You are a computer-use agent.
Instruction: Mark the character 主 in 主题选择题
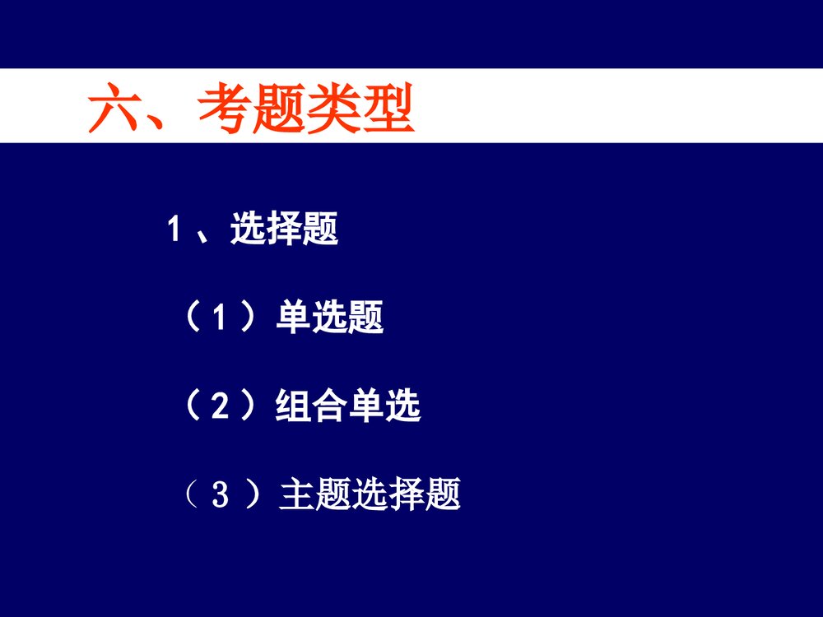(x=297, y=496)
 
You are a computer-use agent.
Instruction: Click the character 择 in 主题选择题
(x=407, y=496)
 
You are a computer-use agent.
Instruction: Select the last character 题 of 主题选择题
(x=443, y=496)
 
